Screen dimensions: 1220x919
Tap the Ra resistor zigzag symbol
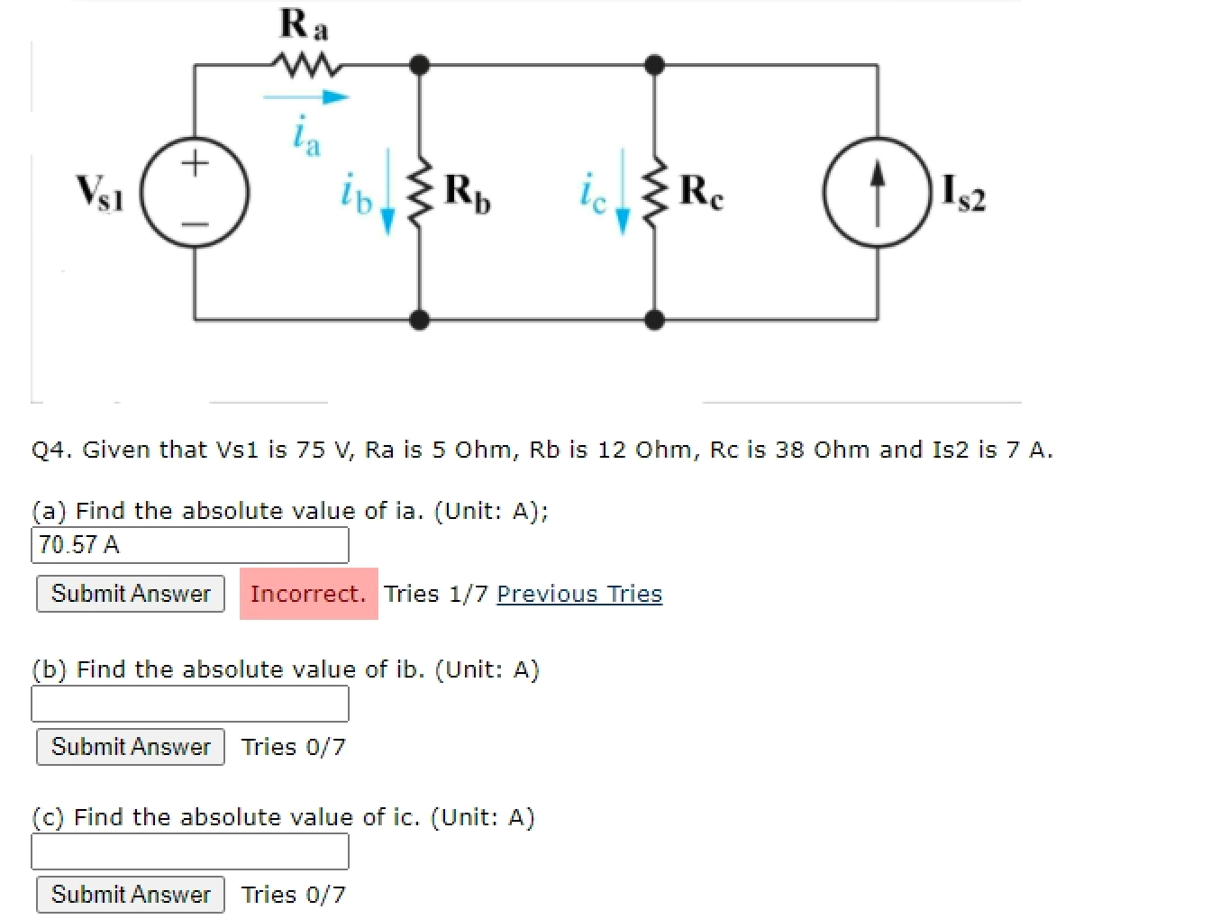[x=305, y=65]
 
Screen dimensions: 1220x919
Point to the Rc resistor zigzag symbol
[x=655, y=192]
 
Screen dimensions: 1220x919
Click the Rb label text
[x=468, y=192]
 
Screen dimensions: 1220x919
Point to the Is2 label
[x=963, y=192]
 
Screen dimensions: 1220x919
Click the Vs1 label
[x=99, y=192]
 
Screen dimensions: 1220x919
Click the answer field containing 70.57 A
[x=190, y=544]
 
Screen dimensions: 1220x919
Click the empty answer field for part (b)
[x=190, y=704]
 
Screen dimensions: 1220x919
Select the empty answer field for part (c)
[x=190, y=851]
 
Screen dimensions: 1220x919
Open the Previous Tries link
[x=579, y=594]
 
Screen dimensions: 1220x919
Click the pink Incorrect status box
[x=308, y=594]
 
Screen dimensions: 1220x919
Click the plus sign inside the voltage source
[x=195, y=163]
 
